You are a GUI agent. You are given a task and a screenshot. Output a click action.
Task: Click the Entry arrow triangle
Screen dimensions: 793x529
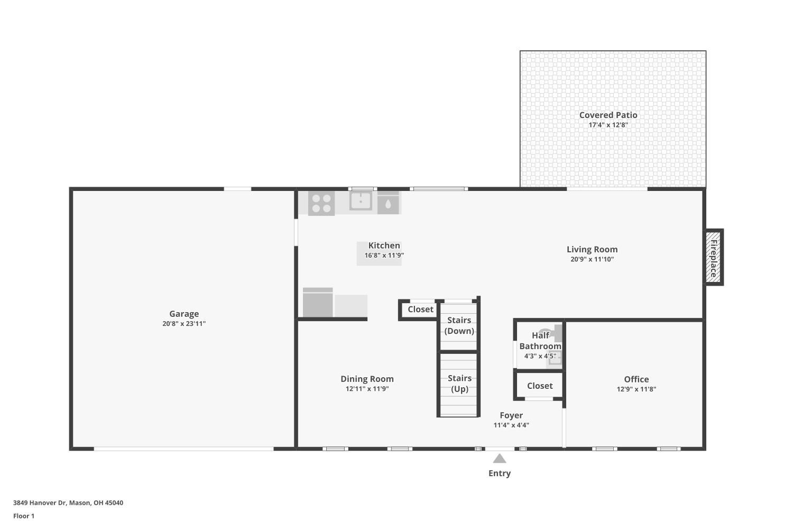500,459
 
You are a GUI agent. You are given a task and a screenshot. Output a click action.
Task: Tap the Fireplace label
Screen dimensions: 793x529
713,259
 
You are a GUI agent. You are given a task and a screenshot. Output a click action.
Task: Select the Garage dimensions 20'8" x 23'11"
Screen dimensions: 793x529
184,324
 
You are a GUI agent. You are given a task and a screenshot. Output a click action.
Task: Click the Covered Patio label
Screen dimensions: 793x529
608,115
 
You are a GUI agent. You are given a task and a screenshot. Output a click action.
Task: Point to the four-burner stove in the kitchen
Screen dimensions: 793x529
321,203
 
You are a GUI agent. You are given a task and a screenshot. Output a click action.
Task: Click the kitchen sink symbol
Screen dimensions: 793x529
361,201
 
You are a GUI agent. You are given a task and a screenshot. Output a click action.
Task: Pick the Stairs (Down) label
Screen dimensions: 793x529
459,326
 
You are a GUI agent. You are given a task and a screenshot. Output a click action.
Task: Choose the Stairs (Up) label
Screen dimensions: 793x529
459,384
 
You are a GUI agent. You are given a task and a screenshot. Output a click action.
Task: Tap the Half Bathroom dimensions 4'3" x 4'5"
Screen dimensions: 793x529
540,356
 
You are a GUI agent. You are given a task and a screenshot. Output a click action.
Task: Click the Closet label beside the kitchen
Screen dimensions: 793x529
421,309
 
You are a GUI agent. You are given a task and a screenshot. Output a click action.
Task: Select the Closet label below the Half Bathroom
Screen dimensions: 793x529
540,386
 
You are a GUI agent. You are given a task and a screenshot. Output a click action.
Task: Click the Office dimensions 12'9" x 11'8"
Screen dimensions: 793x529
637,389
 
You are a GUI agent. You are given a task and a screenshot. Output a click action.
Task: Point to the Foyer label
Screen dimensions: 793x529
511,415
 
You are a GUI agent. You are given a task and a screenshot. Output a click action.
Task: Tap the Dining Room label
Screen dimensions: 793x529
367,379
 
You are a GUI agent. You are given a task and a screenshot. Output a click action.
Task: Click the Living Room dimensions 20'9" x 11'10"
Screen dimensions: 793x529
592,259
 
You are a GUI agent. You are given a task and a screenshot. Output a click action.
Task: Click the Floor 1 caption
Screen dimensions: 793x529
24,516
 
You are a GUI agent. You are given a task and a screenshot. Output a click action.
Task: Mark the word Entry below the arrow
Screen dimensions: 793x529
500,473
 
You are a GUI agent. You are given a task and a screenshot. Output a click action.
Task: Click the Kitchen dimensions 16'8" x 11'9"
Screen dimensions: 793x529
384,255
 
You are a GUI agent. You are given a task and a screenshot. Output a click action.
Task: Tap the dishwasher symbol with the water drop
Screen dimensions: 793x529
389,203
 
